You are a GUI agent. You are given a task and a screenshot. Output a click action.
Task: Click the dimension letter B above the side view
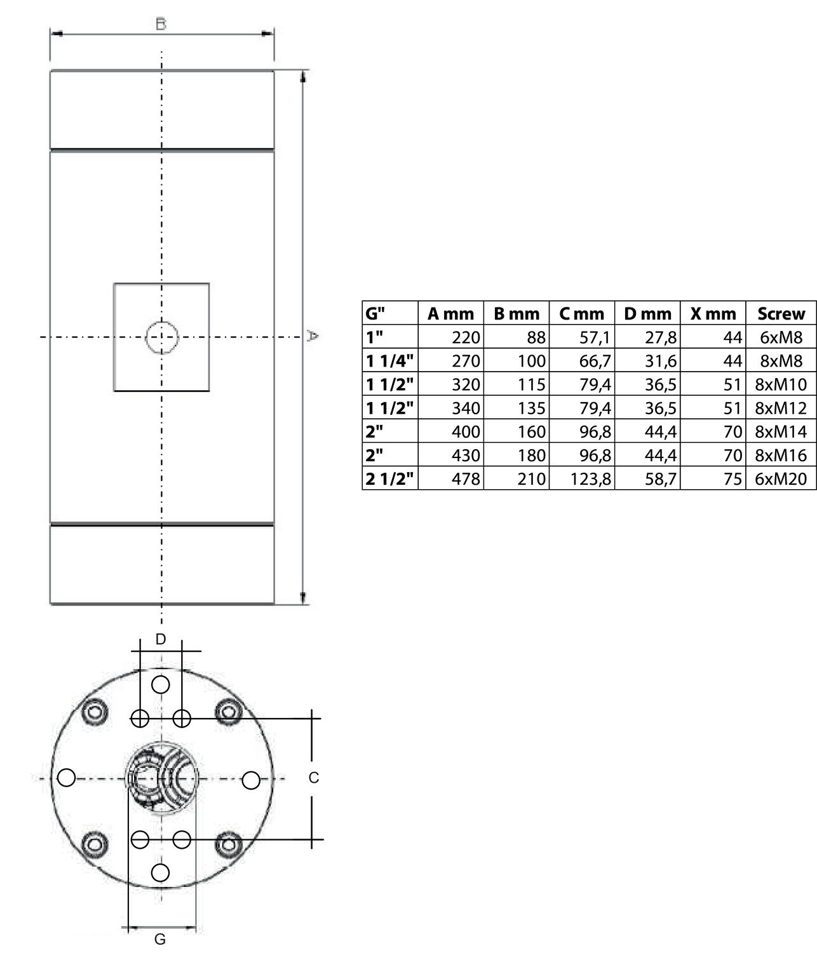point(161,24)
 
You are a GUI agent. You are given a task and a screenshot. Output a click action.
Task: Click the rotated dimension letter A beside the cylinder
point(312,335)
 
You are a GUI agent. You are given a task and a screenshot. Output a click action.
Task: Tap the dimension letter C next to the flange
point(313,778)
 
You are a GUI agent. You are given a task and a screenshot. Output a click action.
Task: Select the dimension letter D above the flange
point(161,639)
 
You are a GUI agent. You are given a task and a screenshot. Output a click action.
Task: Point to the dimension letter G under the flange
point(161,939)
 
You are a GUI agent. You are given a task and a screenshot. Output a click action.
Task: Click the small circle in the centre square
point(161,337)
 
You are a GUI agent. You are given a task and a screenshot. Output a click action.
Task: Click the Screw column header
point(781,313)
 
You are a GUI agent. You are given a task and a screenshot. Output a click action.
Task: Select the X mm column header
point(713,313)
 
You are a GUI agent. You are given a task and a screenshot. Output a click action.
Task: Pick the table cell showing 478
point(465,478)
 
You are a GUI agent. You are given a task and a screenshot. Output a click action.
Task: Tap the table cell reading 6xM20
point(781,478)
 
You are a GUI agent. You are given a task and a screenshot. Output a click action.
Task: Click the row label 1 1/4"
point(389,361)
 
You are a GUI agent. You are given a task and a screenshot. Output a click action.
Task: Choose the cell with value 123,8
point(590,478)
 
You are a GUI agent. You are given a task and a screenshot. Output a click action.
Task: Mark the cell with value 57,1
point(595,337)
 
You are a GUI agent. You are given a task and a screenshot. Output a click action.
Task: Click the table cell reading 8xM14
point(781,431)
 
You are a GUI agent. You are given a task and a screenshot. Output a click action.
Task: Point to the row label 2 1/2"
point(389,478)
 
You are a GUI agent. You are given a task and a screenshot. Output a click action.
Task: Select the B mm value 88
point(536,337)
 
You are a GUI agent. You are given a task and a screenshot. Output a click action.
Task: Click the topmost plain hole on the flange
point(161,685)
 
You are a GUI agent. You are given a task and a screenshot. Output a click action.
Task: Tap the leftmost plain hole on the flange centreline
point(67,778)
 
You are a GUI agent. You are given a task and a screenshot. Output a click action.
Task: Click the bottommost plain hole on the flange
point(161,872)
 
